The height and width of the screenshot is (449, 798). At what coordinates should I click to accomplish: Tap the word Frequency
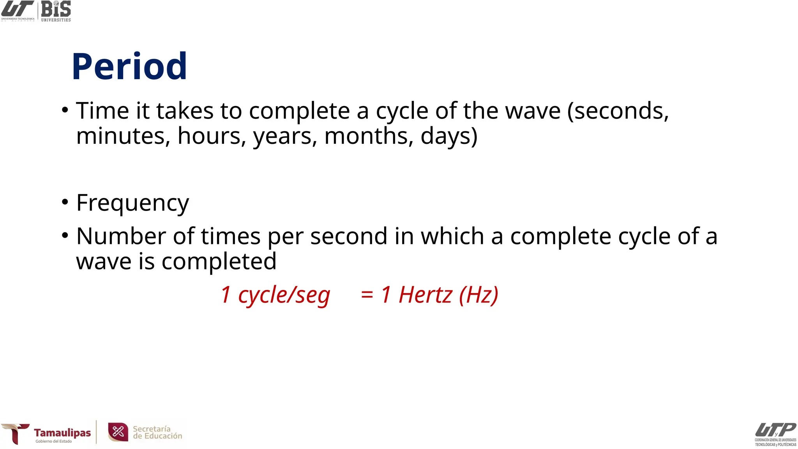[132, 203]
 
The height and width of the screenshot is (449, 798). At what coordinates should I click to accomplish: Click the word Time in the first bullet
[102, 111]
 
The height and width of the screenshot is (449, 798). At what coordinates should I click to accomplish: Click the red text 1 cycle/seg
[275, 295]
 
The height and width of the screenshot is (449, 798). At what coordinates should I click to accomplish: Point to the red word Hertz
[425, 295]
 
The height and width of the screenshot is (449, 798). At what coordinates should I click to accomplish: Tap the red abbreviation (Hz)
[478, 295]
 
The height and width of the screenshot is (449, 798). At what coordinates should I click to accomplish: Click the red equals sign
[367, 295]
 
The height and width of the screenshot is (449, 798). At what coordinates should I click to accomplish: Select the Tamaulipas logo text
[62, 433]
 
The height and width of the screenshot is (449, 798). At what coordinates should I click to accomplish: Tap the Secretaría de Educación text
[157, 432]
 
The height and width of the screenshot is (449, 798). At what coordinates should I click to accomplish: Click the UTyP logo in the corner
[775, 433]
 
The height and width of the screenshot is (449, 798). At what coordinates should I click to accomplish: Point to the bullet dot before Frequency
[65, 202]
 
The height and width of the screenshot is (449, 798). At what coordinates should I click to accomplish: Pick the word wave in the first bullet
[533, 111]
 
